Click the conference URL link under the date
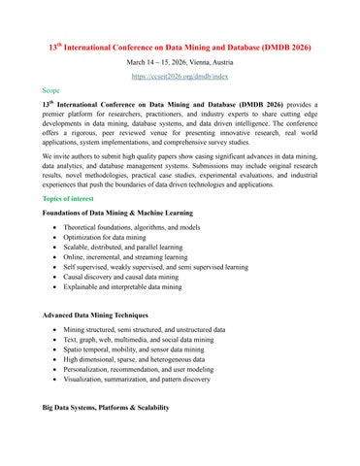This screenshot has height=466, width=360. (180, 73)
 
